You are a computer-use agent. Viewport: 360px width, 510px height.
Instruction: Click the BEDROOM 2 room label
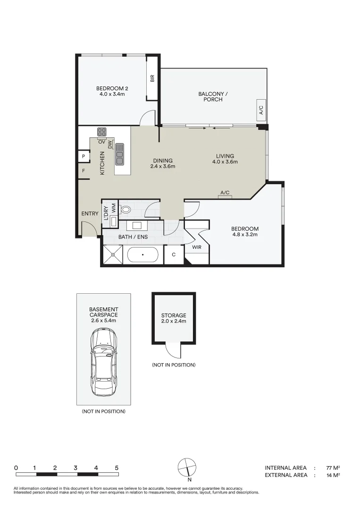click(x=112, y=91)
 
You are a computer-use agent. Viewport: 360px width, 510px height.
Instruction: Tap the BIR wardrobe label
click(x=152, y=78)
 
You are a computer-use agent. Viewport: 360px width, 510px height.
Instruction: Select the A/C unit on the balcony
click(x=261, y=110)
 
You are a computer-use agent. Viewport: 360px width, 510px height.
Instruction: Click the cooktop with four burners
click(x=102, y=132)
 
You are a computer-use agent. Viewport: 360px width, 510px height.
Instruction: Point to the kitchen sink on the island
click(x=119, y=154)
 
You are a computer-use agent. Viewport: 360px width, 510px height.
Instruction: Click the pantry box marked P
click(x=84, y=156)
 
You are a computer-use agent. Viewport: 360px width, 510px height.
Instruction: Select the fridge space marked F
click(x=84, y=171)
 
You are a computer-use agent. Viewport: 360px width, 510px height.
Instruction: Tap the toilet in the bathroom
click(x=126, y=209)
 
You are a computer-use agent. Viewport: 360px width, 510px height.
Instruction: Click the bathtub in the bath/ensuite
click(x=142, y=255)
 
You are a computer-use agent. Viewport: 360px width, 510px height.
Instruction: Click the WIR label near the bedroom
click(x=197, y=247)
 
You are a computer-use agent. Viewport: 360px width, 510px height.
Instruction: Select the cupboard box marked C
click(x=174, y=255)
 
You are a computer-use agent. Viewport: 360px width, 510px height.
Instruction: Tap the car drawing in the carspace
click(x=104, y=363)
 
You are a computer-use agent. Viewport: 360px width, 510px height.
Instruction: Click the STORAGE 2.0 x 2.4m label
click(x=174, y=318)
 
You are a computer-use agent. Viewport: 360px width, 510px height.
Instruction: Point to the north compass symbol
click(x=187, y=467)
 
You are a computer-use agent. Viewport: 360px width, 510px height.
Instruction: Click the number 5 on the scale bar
click(x=117, y=467)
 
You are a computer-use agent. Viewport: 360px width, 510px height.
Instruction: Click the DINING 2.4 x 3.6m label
click(x=163, y=163)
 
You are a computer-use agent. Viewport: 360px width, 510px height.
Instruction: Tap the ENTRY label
click(x=90, y=213)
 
